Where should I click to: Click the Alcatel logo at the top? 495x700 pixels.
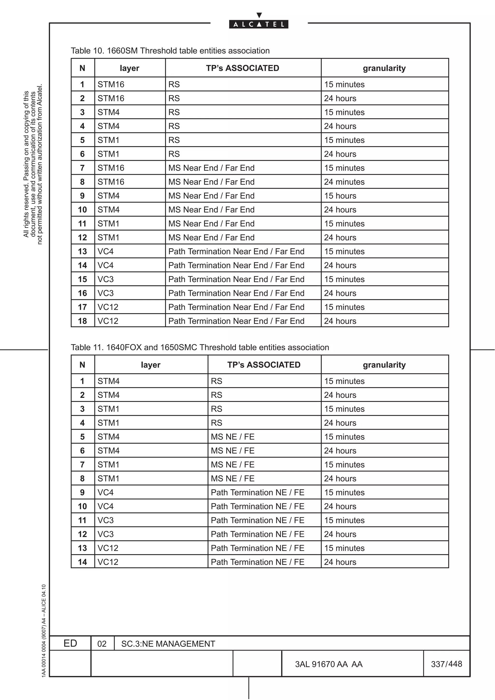(x=258, y=24)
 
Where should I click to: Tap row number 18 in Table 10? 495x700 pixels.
(x=82, y=321)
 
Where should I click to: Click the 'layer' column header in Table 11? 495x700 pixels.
(x=151, y=365)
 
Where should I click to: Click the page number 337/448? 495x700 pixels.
(x=446, y=664)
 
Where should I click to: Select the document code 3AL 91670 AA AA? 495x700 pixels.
(x=328, y=664)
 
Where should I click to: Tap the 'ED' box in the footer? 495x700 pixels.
(x=70, y=643)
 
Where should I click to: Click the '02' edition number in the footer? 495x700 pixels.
(x=102, y=644)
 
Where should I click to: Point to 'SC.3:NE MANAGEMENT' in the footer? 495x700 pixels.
(x=168, y=644)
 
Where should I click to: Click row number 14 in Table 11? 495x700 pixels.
(x=82, y=562)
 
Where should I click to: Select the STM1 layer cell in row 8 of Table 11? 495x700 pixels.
(x=108, y=478)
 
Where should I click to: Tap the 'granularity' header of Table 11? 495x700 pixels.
(x=384, y=365)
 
